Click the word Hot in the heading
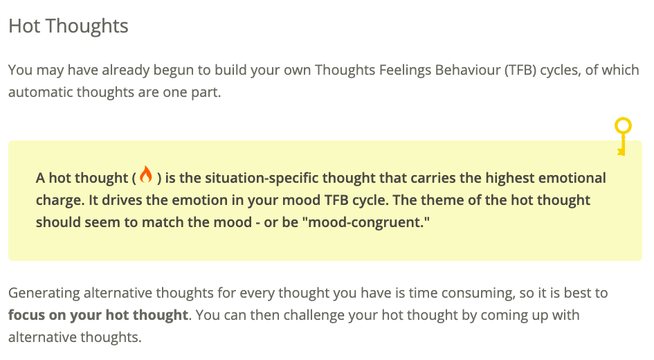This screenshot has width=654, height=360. click(25, 26)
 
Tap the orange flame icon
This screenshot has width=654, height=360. click(146, 174)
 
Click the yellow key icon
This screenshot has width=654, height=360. click(623, 136)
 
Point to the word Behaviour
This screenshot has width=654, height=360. click(468, 70)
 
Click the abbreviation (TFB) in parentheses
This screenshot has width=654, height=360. click(520, 70)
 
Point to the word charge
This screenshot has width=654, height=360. click(60, 201)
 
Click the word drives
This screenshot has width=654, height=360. click(122, 200)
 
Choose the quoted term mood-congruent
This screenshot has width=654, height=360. click(366, 223)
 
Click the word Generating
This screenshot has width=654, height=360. click(44, 294)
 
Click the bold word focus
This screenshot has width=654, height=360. click(27, 315)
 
